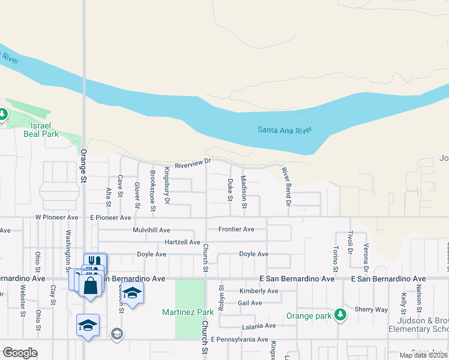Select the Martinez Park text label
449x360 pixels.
point(188,312)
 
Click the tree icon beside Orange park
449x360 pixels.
point(340,314)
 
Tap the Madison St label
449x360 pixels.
point(244,192)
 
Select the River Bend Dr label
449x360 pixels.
point(286,187)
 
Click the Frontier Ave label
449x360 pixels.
point(236,229)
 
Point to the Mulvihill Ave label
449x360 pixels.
point(152,230)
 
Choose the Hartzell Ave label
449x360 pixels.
point(182,242)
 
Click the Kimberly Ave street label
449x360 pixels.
point(259,291)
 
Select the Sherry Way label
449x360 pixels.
point(371,309)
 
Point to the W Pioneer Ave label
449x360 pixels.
point(56,217)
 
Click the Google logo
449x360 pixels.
point(20,353)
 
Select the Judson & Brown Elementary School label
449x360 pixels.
point(419,325)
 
